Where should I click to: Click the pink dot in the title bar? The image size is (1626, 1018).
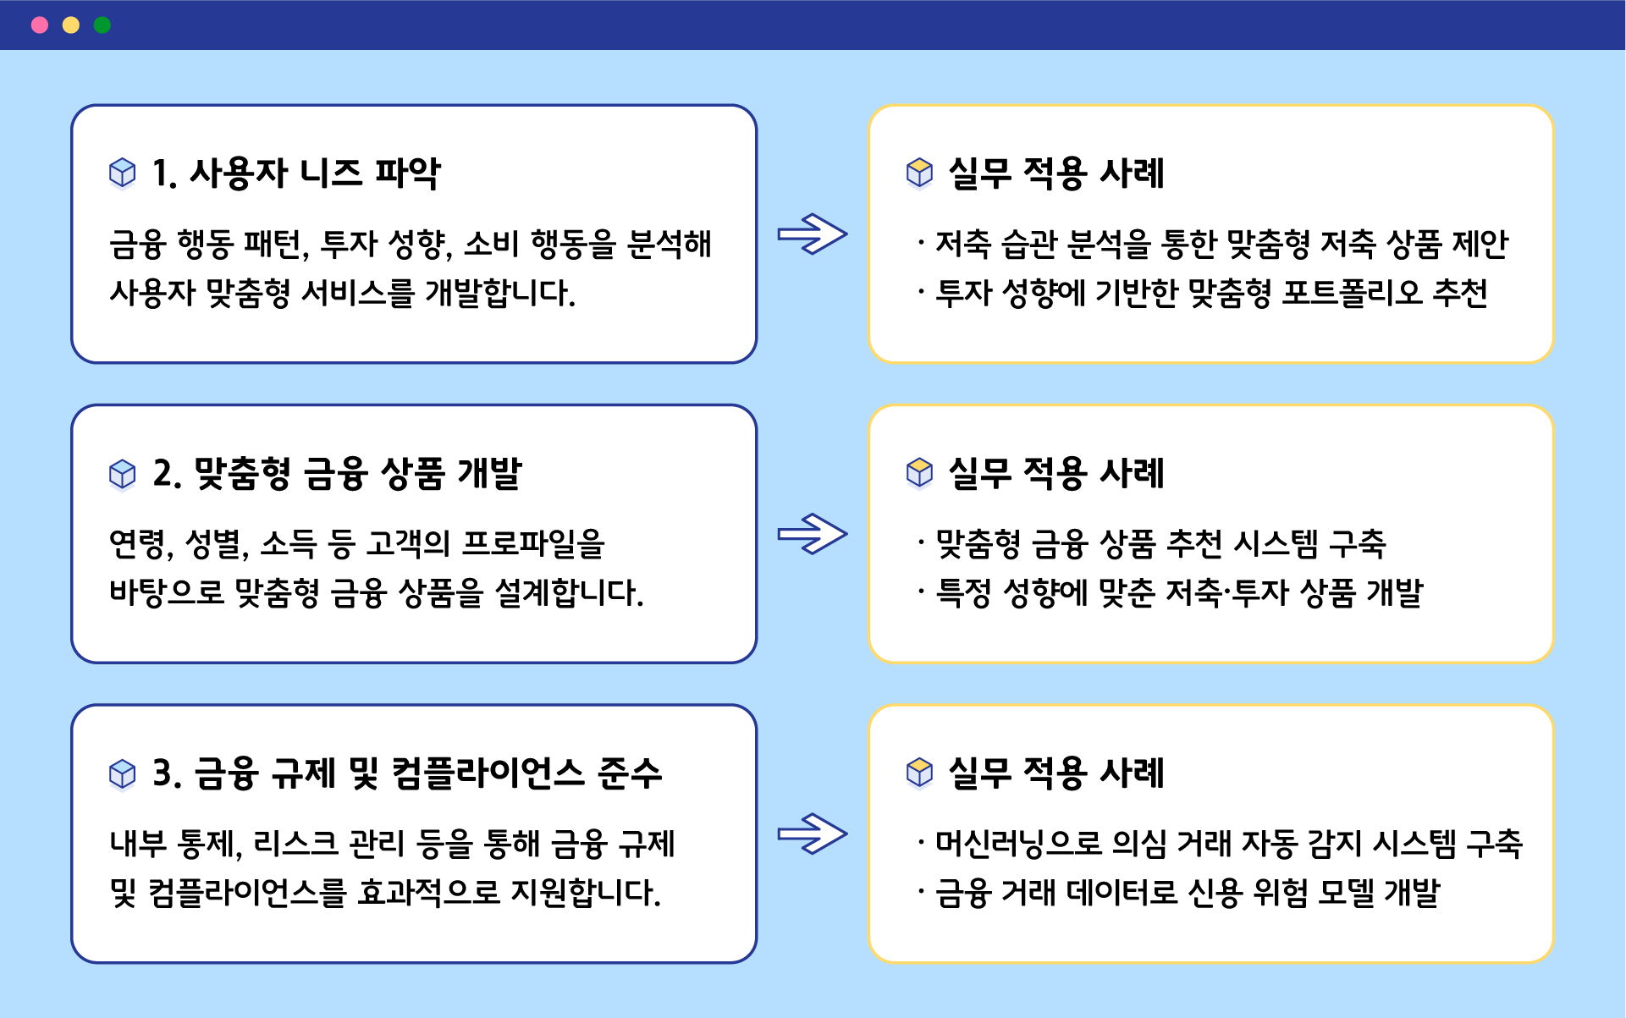point(40,25)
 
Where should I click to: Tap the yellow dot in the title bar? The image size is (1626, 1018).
point(71,25)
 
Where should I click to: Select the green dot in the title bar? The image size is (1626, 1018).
point(102,25)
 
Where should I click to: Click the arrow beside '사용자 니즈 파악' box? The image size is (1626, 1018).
point(813,234)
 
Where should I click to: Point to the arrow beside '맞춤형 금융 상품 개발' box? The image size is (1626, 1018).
point(813,534)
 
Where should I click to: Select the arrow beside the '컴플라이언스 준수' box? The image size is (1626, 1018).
point(813,834)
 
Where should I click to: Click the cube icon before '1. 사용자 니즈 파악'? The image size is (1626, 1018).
point(123,173)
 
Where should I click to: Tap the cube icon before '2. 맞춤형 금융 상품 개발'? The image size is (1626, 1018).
point(123,473)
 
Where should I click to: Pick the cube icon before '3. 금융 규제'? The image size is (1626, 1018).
point(123,773)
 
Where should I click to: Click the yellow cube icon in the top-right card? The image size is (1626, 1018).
point(919,173)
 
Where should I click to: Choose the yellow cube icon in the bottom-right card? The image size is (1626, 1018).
point(919,773)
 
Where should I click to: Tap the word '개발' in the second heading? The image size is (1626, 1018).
point(490,473)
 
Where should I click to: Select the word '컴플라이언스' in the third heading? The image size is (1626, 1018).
point(488,773)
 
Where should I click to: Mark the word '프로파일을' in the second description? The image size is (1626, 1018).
point(533,543)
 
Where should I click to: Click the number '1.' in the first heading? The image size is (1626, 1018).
point(164,173)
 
